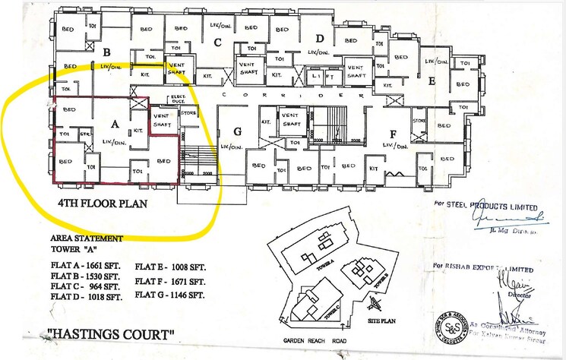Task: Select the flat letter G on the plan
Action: click(x=237, y=131)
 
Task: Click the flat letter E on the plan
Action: click(x=432, y=81)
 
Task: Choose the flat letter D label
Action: click(x=320, y=39)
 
